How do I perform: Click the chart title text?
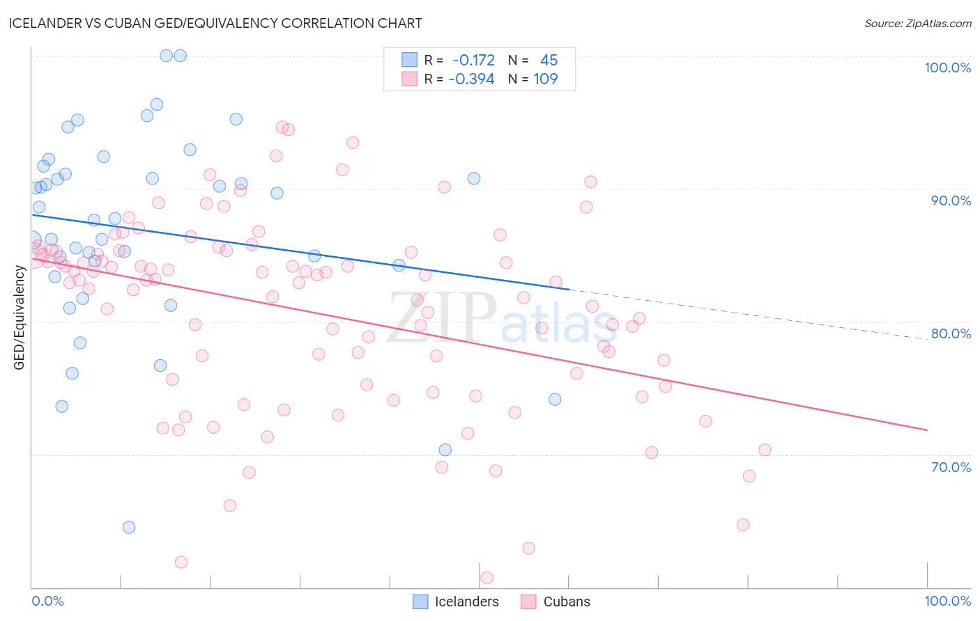(x=215, y=23)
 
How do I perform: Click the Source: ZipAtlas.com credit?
(x=917, y=23)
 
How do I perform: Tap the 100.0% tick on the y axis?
(x=947, y=68)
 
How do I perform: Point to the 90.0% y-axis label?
(x=951, y=201)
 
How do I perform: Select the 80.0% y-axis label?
(x=951, y=333)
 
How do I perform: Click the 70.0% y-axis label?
(x=951, y=467)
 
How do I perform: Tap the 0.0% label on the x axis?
(x=47, y=601)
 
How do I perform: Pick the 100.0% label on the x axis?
(x=947, y=601)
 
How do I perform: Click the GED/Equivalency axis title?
(x=20, y=317)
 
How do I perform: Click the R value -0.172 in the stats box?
(x=473, y=60)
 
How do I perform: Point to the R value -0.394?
(x=471, y=79)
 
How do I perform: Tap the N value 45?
(x=549, y=60)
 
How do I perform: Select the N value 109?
(x=545, y=79)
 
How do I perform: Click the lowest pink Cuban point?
(x=487, y=578)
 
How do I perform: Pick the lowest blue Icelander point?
(x=129, y=527)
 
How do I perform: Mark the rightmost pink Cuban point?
(x=765, y=450)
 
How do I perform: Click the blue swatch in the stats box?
(x=409, y=60)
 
